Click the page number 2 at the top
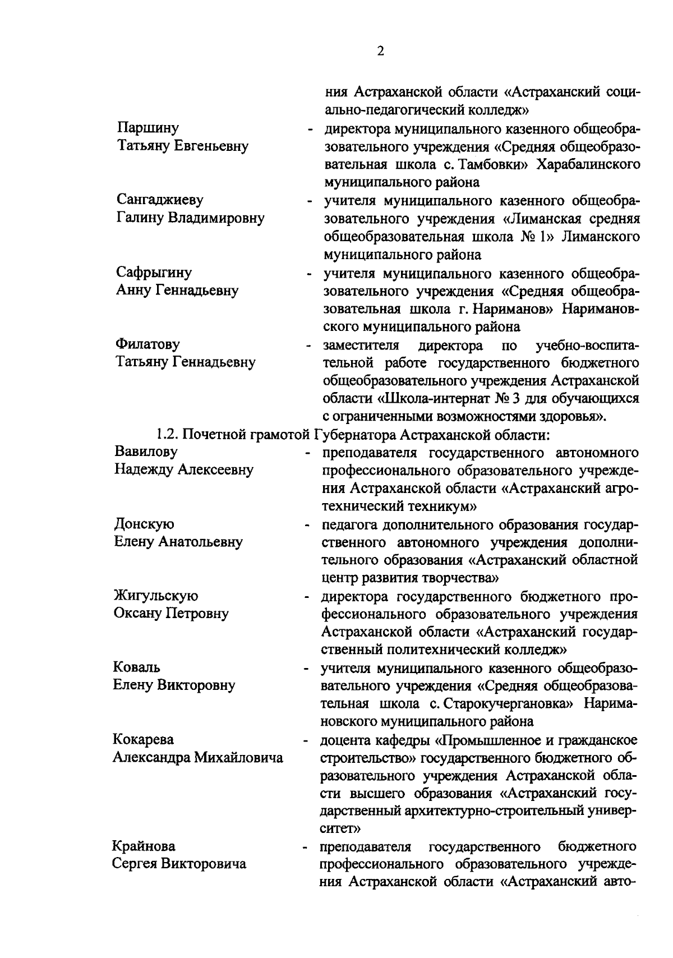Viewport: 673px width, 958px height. [x=381, y=51]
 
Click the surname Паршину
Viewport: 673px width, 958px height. [x=148, y=128]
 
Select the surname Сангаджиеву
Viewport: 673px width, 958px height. [x=160, y=200]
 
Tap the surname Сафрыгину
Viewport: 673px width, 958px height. [x=154, y=272]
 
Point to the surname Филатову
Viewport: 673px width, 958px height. [x=147, y=344]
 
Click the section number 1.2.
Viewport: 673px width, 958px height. [x=167, y=434]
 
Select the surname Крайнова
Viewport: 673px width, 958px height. [x=144, y=846]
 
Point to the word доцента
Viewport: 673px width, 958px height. [x=346, y=740]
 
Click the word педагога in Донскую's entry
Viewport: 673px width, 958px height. [x=349, y=525]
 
